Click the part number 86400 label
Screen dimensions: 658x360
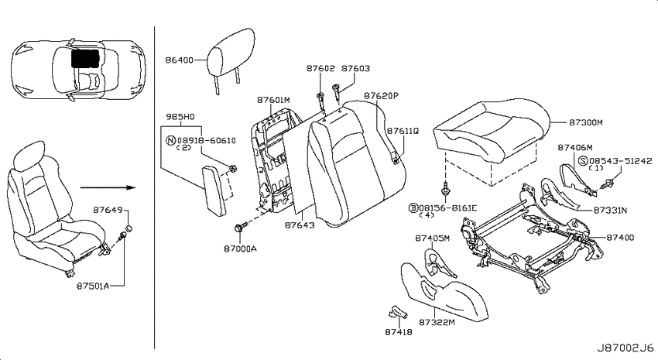click(x=179, y=60)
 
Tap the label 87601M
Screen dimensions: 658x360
click(x=273, y=101)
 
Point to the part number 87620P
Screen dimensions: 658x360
click(x=381, y=96)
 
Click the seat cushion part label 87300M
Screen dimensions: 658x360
click(x=586, y=122)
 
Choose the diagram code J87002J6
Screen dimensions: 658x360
click(x=625, y=348)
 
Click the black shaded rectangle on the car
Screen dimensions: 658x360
click(x=85, y=58)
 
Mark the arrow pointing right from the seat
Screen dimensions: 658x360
click(x=108, y=187)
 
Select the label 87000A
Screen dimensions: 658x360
click(x=240, y=249)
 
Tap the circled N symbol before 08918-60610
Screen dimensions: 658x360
click(x=171, y=141)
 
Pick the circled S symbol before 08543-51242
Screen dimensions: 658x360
click(x=583, y=161)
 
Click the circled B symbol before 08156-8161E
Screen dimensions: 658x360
click(x=413, y=207)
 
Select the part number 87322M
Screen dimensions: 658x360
click(x=437, y=322)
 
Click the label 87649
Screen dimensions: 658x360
click(x=108, y=210)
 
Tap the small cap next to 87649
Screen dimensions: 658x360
click(x=131, y=228)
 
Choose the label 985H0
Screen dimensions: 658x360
click(x=180, y=117)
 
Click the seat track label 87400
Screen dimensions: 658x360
click(x=620, y=238)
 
